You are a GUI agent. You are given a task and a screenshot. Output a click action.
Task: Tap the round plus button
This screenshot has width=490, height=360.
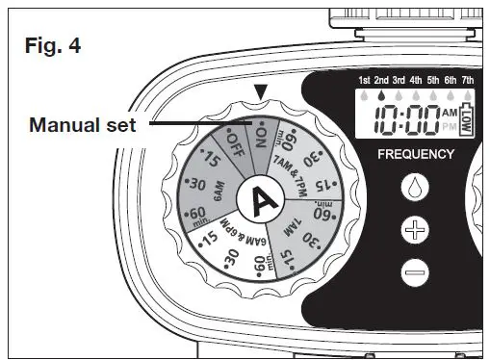tap(416, 229)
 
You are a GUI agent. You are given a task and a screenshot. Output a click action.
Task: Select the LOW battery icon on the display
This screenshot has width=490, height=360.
tap(470, 118)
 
